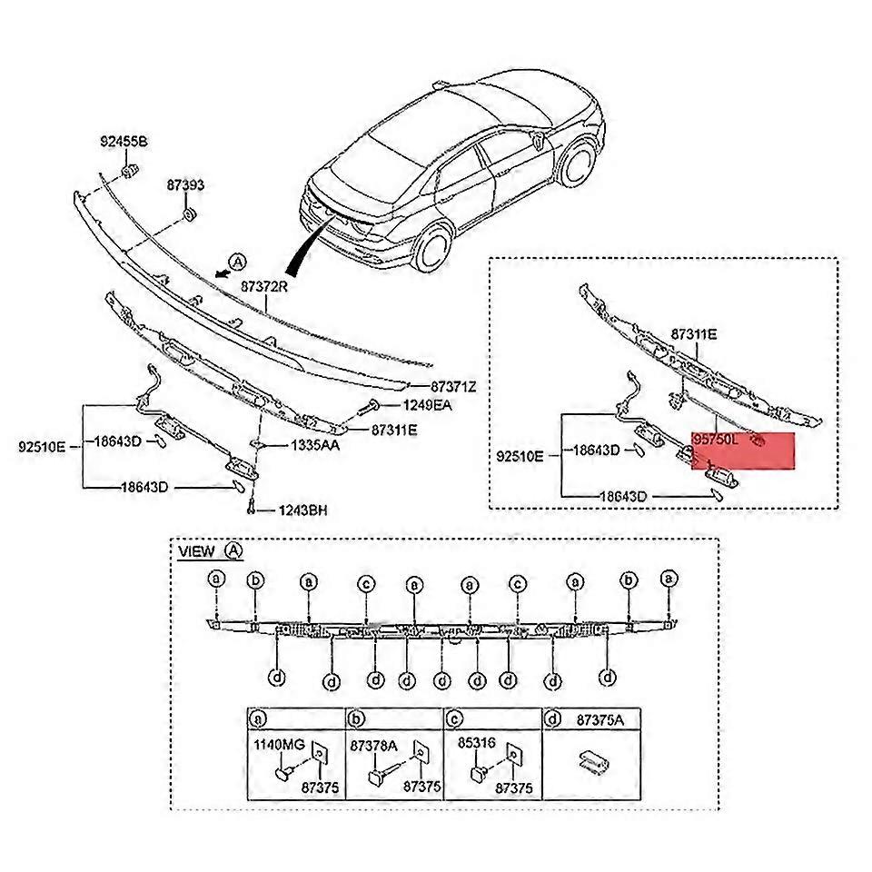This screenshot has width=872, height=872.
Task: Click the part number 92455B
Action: pos(124,142)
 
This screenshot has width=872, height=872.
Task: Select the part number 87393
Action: pos(184,185)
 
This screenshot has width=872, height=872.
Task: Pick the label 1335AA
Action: pos(315,446)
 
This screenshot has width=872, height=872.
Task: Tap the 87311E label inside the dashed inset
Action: pos(694,334)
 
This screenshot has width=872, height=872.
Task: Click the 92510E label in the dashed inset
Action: pos(520,457)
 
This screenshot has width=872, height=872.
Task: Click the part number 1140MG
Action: pos(278,745)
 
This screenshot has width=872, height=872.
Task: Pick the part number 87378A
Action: pos(374,745)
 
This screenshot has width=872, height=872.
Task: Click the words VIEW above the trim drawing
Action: pos(197,551)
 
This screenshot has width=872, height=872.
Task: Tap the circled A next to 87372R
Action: pos(237,262)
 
